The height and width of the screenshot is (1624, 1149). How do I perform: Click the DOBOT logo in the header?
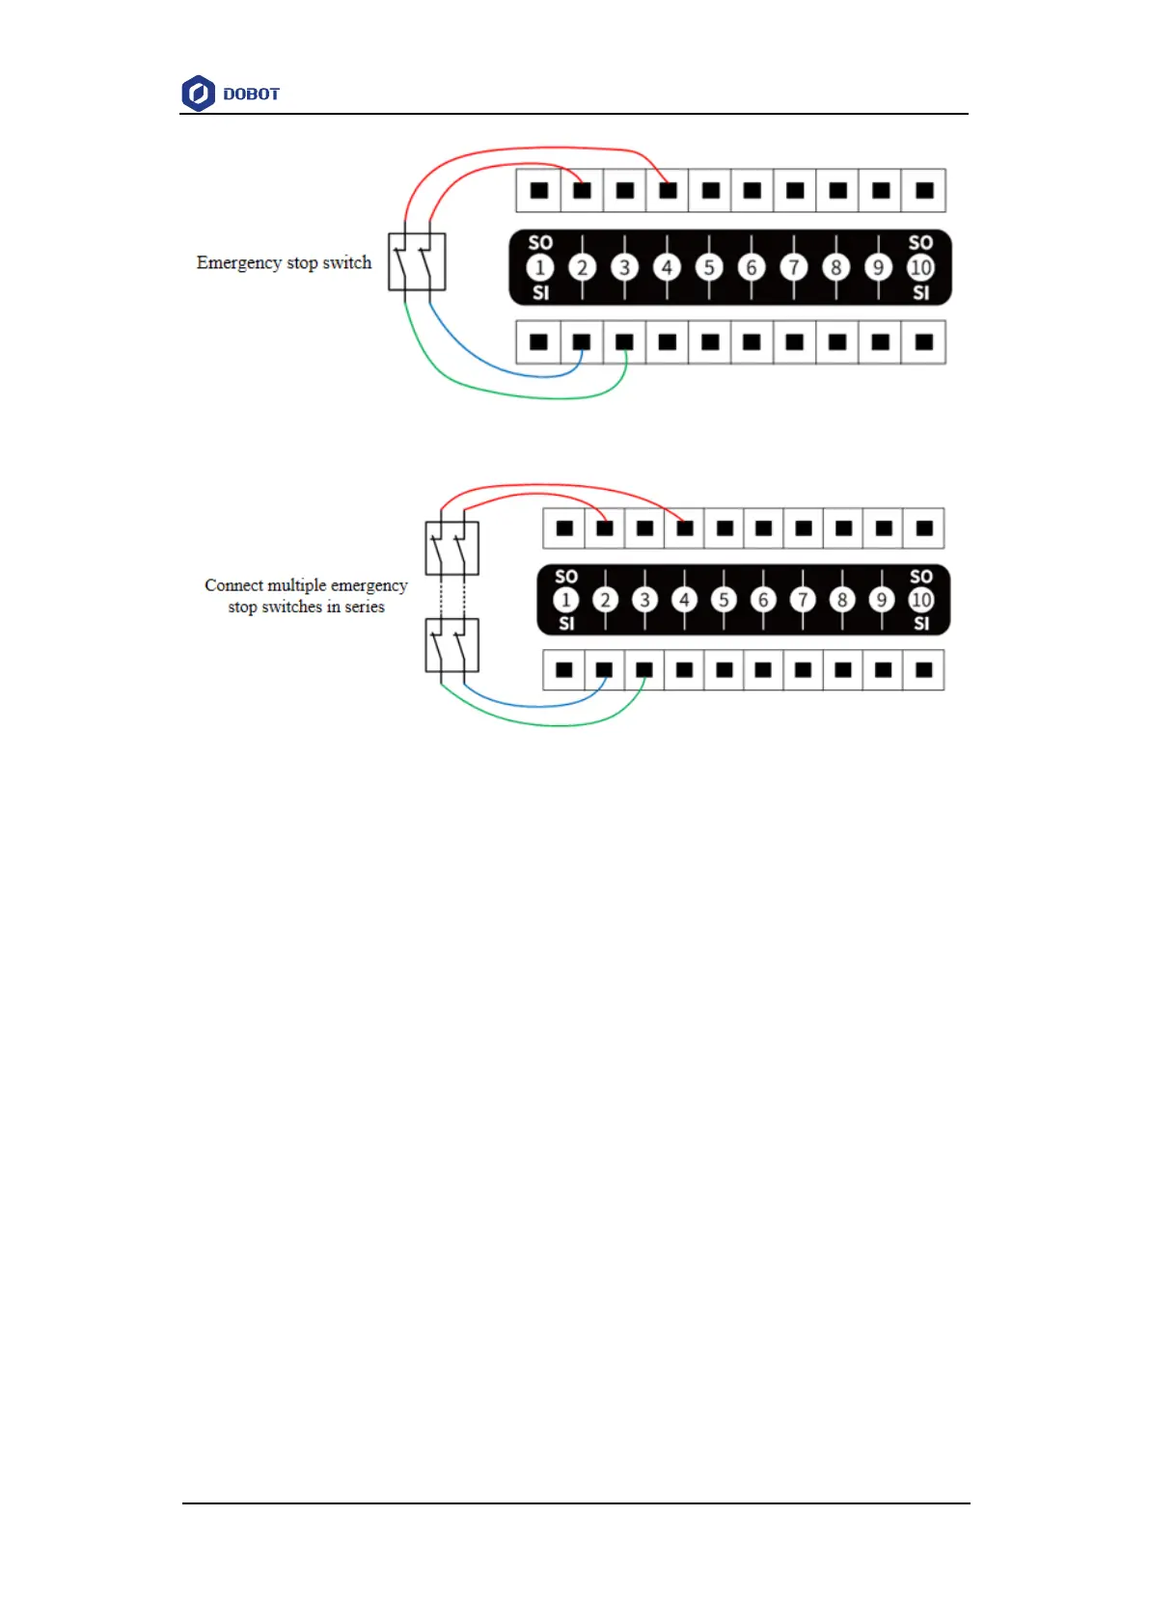tap(230, 94)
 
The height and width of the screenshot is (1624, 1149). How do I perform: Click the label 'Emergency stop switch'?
tap(284, 262)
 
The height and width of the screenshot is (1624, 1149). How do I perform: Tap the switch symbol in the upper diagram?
tap(417, 261)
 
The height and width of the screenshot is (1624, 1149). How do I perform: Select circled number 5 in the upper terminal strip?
tap(709, 267)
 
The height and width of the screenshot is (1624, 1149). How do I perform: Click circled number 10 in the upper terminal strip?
tap(920, 267)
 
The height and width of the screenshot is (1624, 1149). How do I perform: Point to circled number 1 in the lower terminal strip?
tap(566, 600)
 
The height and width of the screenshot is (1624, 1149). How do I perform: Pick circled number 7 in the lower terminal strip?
tap(803, 600)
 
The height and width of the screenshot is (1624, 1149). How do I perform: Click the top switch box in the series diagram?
tap(451, 548)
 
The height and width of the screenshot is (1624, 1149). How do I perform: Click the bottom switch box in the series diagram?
tap(451, 645)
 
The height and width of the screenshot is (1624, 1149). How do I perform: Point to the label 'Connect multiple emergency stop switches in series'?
tap(306, 596)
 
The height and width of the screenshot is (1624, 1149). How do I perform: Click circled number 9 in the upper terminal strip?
tap(878, 267)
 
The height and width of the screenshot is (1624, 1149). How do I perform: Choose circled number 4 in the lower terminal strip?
tap(685, 600)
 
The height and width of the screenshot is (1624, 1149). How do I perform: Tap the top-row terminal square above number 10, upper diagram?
tap(924, 190)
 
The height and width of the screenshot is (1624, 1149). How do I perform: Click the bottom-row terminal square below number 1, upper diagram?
tap(539, 341)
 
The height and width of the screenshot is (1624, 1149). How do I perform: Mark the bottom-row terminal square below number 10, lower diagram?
tap(923, 669)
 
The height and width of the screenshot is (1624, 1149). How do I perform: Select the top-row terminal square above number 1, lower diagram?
tap(565, 528)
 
